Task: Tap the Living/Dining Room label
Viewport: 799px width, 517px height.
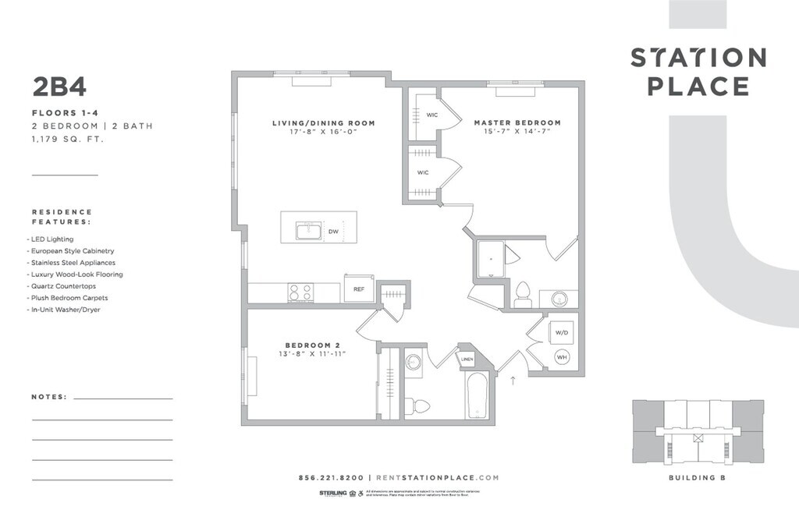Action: click(x=323, y=123)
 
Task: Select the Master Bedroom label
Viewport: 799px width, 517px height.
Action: click(x=517, y=123)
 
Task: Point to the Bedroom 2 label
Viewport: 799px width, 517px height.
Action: click(x=312, y=345)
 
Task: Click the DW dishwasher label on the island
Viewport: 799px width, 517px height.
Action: click(x=333, y=232)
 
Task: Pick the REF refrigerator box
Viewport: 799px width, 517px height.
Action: click(x=359, y=289)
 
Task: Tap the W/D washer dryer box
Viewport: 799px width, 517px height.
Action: click(x=561, y=332)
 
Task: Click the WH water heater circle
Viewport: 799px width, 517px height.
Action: click(x=561, y=357)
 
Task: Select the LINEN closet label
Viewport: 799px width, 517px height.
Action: click(x=467, y=359)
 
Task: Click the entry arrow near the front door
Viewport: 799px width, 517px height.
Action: click(x=513, y=381)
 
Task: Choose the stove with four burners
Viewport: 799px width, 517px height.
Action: click(x=301, y=292)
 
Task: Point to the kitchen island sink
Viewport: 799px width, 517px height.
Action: click(x=308, y=231)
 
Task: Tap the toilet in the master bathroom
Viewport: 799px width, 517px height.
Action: click(x=523, y=293)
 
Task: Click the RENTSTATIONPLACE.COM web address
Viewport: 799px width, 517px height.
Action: click(x=437, y=478)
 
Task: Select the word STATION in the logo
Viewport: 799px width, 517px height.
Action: click(x=698, y=58)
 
